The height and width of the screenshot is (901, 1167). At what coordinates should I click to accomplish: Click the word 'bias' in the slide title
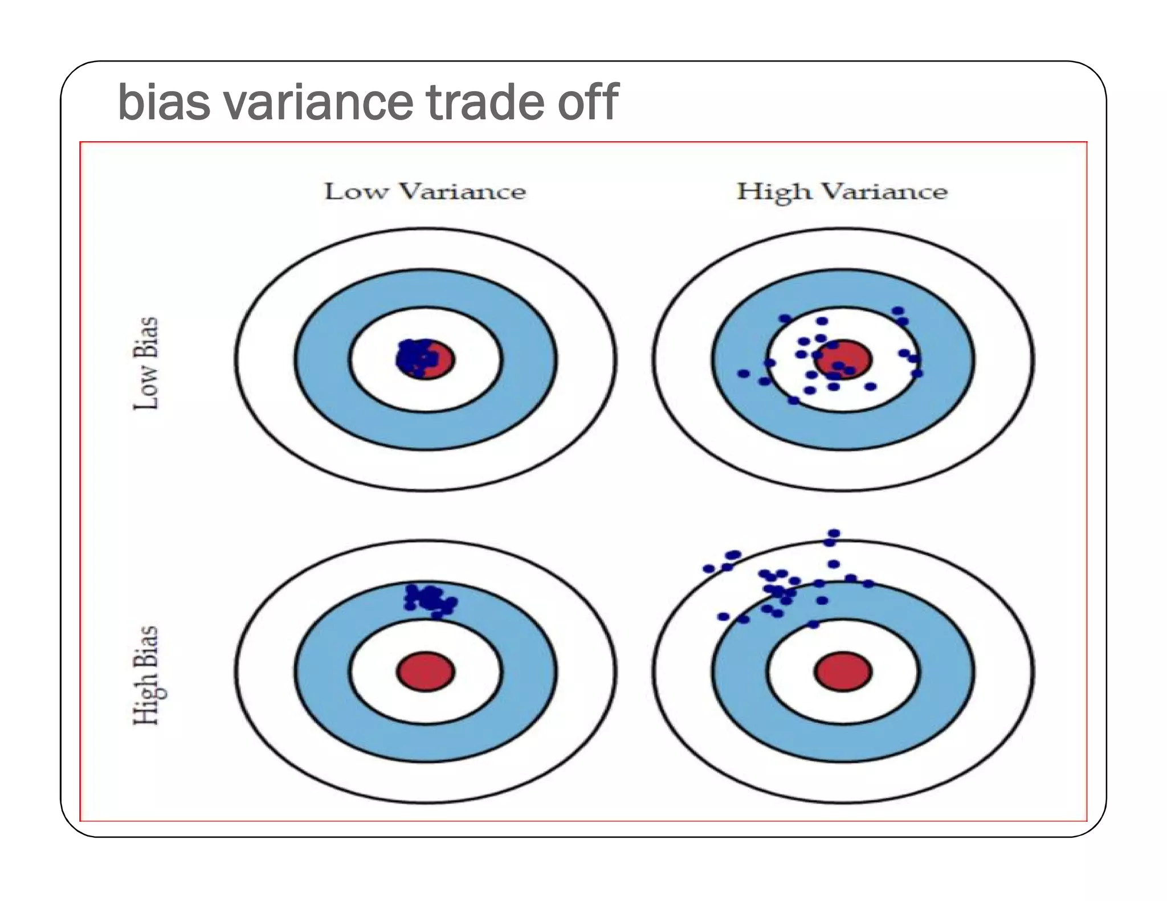tap(164, 103)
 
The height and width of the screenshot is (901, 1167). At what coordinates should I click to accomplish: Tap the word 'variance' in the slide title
tap(317, 103)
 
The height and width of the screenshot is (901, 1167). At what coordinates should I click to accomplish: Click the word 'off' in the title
tap(587, 103)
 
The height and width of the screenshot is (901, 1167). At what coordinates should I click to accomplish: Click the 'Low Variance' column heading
tap(425, 192)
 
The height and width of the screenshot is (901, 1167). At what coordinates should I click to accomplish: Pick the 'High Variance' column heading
tap(842, 192)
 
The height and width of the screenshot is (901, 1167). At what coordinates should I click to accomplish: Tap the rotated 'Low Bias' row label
tap(146, 363)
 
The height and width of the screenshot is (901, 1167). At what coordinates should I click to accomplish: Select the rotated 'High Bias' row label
tap(146, 675)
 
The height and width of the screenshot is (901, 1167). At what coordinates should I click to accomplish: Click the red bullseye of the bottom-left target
tap(426, 671)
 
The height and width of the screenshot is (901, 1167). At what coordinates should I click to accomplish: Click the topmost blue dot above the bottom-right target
tap(834, 534)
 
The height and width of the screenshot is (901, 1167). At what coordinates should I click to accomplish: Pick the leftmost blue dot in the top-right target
tap(743, 374)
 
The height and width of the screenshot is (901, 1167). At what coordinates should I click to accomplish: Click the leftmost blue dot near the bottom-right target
tap(708, 568)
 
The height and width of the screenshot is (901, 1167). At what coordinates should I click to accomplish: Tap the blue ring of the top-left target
tap(322, 359)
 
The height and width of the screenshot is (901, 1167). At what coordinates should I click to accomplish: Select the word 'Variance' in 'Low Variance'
tap(462, 192)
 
